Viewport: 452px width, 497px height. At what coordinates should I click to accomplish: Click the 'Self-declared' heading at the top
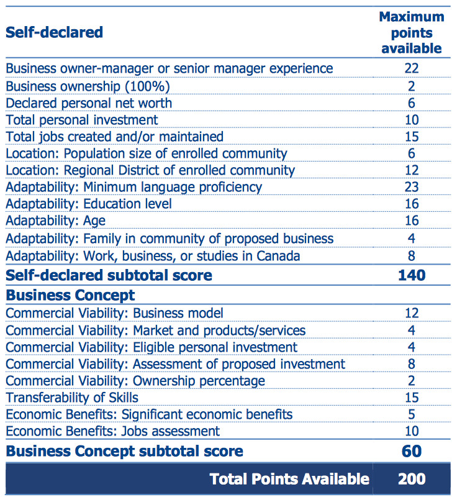point(54,32)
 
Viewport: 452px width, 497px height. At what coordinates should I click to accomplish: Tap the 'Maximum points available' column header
point(412,32)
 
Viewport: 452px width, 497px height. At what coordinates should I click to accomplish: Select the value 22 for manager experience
point(412,68)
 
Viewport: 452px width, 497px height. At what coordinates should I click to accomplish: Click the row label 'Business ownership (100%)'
point(88,86)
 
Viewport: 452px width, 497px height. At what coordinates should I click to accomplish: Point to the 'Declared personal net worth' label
point(89,103)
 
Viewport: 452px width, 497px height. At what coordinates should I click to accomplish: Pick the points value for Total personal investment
point(412,119)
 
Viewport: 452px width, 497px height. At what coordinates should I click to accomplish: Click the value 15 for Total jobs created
point(412,136)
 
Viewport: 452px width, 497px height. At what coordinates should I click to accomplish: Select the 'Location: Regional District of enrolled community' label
point(150,170)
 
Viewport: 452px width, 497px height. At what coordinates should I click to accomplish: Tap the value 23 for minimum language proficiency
point(412,186)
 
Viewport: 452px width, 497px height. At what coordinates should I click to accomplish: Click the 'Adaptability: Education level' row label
point(89,203)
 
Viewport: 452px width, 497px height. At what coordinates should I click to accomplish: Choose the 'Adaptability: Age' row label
point(56,221)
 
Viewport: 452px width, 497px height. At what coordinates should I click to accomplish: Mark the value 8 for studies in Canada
point(412,255)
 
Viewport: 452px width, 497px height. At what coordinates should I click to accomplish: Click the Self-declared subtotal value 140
point(412,275)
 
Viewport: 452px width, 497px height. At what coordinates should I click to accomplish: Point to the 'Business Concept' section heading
point(70,294)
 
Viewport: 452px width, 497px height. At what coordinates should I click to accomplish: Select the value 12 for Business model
point(412,313)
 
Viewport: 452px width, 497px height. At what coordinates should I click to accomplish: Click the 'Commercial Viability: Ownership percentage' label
point(135,380)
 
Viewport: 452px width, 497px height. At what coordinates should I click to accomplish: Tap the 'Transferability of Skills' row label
point(72,397)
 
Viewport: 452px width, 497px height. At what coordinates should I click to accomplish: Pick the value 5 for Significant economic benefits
point(412,414)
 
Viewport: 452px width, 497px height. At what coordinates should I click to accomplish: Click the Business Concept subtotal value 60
point(412,450)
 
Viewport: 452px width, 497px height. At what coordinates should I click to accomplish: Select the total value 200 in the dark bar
point(412,478)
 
